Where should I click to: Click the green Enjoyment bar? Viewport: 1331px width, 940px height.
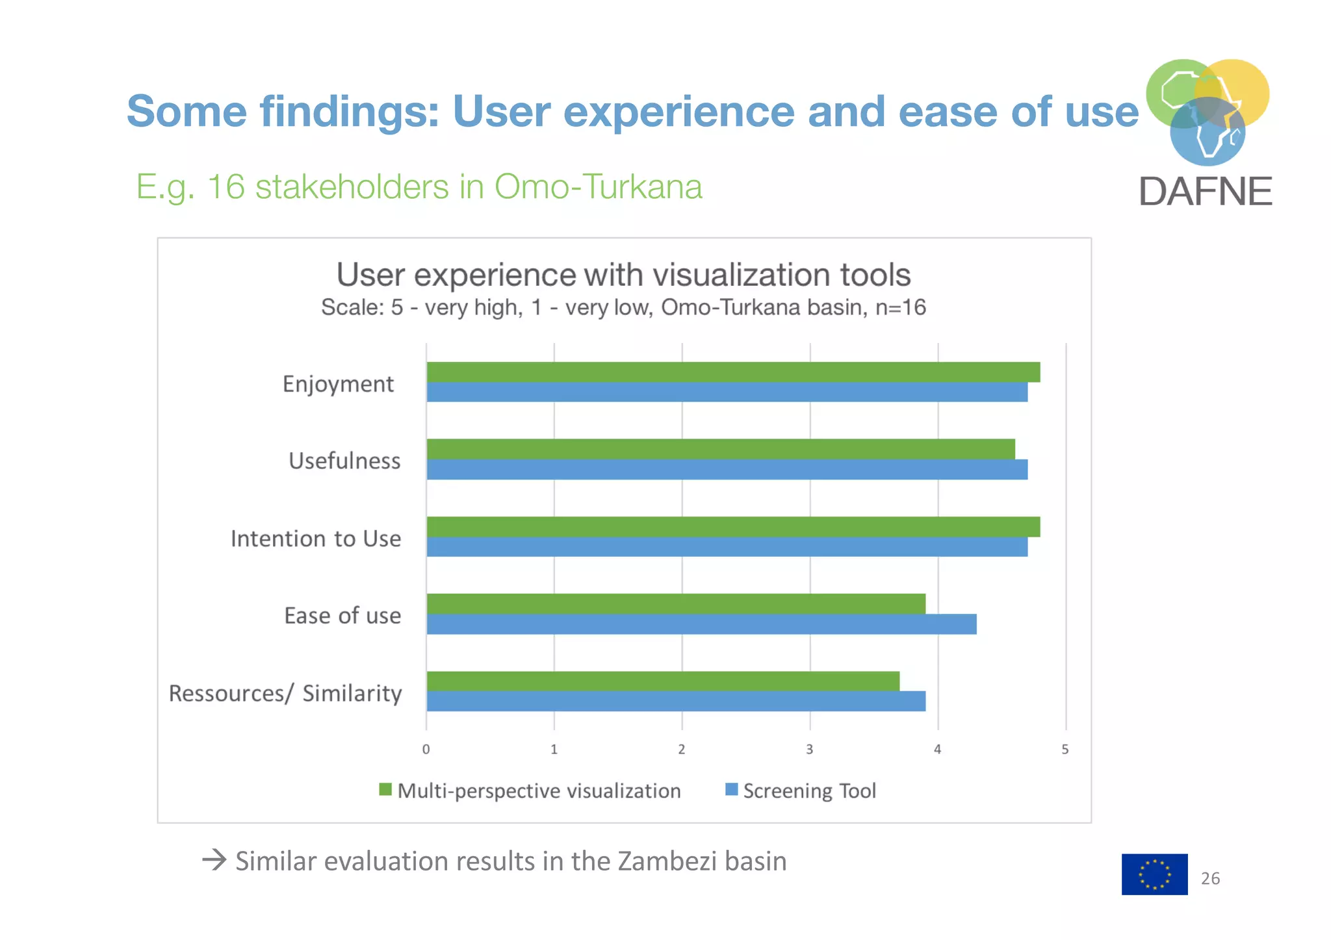733,372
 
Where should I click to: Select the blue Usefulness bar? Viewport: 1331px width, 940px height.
727,470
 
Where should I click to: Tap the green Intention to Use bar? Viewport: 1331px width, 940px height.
733,527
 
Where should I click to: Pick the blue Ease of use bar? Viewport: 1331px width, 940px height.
701,624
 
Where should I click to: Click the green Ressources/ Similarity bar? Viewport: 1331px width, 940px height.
663,681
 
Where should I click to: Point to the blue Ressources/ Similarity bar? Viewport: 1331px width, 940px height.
676,702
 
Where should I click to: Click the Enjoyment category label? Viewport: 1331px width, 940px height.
338,384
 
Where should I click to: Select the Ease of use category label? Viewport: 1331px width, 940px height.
342,615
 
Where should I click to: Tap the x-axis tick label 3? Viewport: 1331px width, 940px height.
810,749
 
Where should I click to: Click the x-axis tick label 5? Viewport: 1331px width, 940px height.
1065,749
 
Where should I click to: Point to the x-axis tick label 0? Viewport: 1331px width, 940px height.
426,749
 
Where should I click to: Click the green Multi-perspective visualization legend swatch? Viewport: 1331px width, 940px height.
385,789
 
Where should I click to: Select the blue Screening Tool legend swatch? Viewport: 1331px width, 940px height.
731,789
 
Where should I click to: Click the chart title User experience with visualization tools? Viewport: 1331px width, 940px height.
623,275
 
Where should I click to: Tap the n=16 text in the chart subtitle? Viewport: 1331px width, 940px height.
900,307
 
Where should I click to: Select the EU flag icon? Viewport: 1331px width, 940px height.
1154,874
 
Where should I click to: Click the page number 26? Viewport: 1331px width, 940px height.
1210,878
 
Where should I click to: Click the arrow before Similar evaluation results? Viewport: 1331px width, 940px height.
214,861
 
